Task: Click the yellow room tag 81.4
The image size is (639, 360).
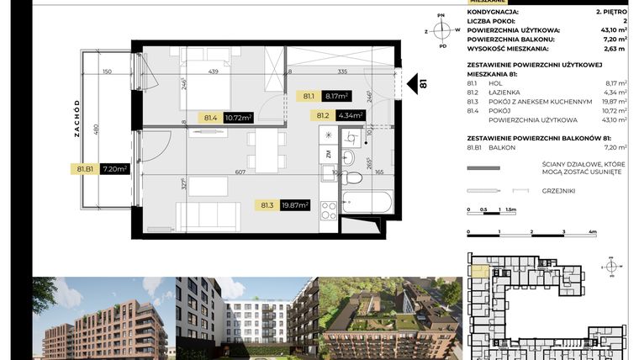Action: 211,118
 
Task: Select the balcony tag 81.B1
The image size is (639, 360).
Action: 84,168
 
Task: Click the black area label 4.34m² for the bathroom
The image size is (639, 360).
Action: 351,116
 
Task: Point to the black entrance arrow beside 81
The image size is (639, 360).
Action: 412,84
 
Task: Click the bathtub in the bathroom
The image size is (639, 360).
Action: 367,203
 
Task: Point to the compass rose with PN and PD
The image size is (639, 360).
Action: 442,30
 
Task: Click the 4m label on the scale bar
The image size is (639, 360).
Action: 594,230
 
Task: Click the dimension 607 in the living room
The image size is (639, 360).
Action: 240,172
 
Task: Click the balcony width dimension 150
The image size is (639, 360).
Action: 108,72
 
